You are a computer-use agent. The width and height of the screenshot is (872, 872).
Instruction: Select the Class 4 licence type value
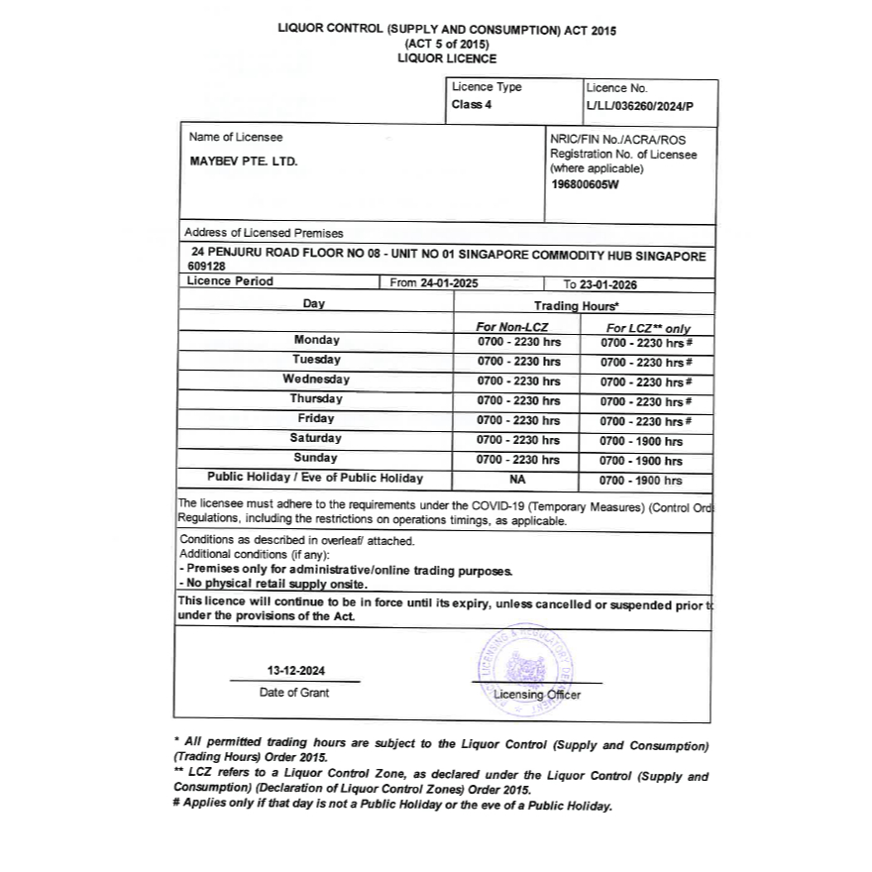tap(472, 104)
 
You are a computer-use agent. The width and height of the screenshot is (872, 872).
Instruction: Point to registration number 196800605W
tap(585, 183)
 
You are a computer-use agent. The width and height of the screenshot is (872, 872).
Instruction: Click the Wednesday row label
tap(316, 380)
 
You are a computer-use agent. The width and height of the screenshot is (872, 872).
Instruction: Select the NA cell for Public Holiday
tap(517, 480)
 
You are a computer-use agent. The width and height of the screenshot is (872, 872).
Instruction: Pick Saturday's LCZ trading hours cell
tap(641, 441)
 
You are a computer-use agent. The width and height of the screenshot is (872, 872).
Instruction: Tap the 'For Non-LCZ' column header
tap(512, 327)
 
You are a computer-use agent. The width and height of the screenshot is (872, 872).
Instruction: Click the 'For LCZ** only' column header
tap(648, 328)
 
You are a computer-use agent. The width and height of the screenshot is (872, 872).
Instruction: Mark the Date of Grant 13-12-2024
tap(294, 670)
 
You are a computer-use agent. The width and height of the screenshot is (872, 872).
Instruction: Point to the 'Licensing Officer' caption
tap(537, 695)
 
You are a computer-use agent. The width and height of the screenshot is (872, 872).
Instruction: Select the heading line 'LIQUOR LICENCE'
tap(447, 58)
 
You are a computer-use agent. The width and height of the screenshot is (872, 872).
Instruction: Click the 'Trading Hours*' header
tap(577, 306)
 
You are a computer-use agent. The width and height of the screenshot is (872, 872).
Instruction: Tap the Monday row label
tap(316, 340)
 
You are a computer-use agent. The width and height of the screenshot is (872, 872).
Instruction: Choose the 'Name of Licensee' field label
tap(236, 137)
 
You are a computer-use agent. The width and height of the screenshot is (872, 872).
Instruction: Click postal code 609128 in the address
tap(206, 267)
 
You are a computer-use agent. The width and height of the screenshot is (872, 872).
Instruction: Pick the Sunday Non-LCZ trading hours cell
tap(518, 460)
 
